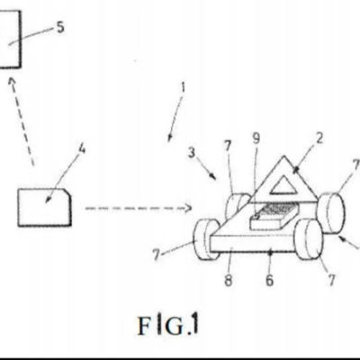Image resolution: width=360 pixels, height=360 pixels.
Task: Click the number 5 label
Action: pyautogui.click(x=60, y=27)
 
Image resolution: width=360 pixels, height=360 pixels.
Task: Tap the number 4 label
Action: pyautogui.click(x=81, y=148)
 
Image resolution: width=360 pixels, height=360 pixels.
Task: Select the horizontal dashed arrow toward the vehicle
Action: pyautogui.click(x=139, y=208)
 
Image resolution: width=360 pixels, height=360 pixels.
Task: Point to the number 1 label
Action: pyautogui.click(x=183, y=87)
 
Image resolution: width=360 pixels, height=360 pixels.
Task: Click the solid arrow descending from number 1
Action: pyautogui.click(x=176, y=118)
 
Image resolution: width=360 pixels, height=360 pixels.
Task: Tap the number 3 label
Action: pyautogui.click(x=192, y=152)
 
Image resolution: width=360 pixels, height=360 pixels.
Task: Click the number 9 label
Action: pyautogui.click(x=256, y=139)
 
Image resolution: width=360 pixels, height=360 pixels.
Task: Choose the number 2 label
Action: pyautogui.click(x=319, y=139)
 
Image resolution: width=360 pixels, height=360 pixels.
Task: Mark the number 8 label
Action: pyautogui.click(x=229, y=281)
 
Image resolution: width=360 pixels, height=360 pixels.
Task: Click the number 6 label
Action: pyautogui.click(x=269, y=281)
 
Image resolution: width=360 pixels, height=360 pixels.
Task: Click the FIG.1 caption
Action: pyautogui.click(x=168, y=325)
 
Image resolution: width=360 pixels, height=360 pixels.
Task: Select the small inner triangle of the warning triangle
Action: pyautogui.click(x=283, y=185)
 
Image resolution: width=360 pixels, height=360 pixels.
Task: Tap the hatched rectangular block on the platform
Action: pyautogui.click(x=273, y=215)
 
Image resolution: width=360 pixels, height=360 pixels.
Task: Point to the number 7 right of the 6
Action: pyautogui.click(x=331, y=281)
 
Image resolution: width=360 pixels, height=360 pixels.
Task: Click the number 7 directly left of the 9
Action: pyautogui.click(x=228, y=146)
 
